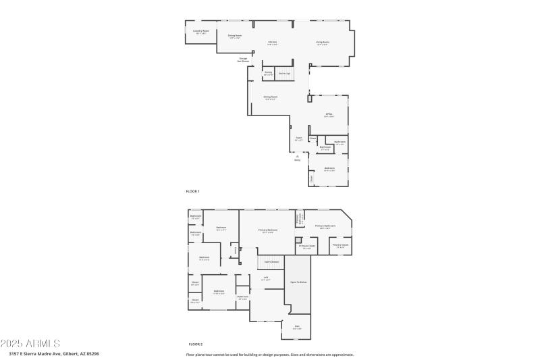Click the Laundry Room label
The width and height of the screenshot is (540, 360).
(201, 31)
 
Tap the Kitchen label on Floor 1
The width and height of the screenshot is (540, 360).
(273, 43)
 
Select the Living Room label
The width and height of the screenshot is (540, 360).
(323, 43)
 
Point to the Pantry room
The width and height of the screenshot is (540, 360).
(268, 73)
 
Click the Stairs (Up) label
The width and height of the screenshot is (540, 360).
(284, 73)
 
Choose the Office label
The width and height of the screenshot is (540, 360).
(329, 115)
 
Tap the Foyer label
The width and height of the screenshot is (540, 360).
(298, 138)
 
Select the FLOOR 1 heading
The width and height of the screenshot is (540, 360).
(193, 192)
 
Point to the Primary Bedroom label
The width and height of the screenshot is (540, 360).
(268, 231)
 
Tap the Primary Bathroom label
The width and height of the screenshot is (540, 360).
(325, 226)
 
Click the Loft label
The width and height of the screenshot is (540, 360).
(266, 278)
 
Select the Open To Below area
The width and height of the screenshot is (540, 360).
(298, 282)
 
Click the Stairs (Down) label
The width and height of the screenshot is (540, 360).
(271, 261)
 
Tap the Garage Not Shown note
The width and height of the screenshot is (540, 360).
(243, 59)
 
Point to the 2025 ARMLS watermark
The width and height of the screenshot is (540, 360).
(30, 344)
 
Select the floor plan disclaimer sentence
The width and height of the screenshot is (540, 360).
(270, 354)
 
